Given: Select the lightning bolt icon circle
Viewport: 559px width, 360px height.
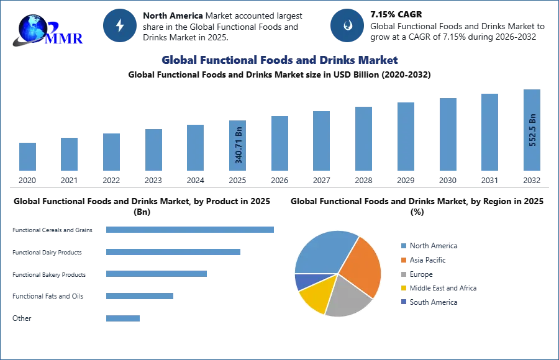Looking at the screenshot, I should (x=120, y=25).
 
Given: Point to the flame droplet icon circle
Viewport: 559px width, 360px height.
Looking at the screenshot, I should (x=347, y=25).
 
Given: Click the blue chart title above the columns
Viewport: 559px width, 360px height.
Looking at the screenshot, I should (x=280, y=60).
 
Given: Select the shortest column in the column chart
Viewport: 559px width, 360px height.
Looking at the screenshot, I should (x=27, y=156).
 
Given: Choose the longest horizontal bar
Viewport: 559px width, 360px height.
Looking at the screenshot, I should (x=191, y=229).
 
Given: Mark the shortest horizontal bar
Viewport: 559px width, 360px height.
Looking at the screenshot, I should (x=124, y=318).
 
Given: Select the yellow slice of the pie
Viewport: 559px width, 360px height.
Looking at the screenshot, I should (x=316, y=297).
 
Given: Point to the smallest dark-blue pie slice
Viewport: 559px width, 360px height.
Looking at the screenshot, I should (x=304, y=282).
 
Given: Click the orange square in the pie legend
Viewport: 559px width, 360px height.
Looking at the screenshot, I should (x=402, y=259).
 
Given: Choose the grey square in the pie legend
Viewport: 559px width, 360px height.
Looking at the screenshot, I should (x=402, y=274).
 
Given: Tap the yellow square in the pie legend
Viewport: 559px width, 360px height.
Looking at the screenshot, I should (x=402, y=288).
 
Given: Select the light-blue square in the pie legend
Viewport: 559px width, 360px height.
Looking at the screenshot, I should (x=402, y=245).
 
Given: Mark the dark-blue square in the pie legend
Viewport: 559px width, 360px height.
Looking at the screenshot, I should (x=402, y=302).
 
